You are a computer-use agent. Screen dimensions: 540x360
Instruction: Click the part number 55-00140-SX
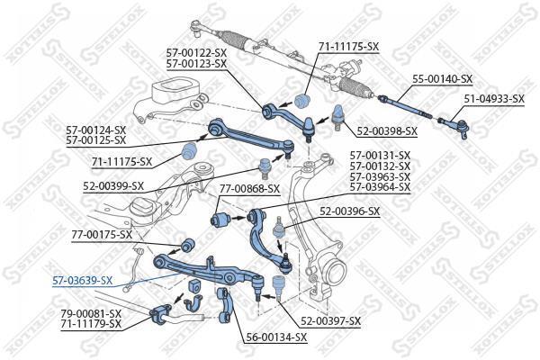pyautogui.click(x=443, y=79)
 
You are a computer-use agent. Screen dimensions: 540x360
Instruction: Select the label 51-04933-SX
pyautogui.click(x=494, y=99)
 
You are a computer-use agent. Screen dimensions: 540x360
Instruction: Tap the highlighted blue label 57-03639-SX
pyautogui.click(x=82, y=281)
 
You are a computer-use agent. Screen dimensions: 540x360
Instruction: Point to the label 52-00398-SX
pyautogui.click(x=387, y=130)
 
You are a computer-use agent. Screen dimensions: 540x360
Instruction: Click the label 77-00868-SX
pyautogui.click(x=249, y=189)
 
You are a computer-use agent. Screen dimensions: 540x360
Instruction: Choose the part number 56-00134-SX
pyautogui.click(x=276, y=337)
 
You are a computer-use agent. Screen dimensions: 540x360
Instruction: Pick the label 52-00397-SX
pyautogui.click(x=330, y=321)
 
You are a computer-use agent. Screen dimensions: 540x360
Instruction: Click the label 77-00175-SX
pyautogui.click(x=102, y=235)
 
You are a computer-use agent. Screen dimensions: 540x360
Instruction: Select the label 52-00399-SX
pyautogui.click(x=113, y=186)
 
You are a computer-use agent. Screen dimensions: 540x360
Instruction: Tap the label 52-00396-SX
pyautogui.click(x=349, y=211)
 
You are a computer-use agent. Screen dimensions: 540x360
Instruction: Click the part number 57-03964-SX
pyautogui.click(x=380, y=187)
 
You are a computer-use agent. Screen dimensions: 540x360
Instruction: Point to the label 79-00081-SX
pyautogui.click(x=91, y=313)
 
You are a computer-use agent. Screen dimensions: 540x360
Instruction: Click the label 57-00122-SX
pyautogui.click(x=196, y=53)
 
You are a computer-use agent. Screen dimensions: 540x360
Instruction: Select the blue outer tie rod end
pyautogui.click(x=454, y=127)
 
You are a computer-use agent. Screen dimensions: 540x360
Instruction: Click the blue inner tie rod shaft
pyautogui.click(x=405, y=107)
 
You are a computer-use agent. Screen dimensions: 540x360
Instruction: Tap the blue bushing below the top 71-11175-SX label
pyautogui.click(x=303, y=100)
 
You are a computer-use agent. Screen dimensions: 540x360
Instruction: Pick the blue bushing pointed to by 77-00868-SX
pyautogui.click(x=220, y=219)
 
